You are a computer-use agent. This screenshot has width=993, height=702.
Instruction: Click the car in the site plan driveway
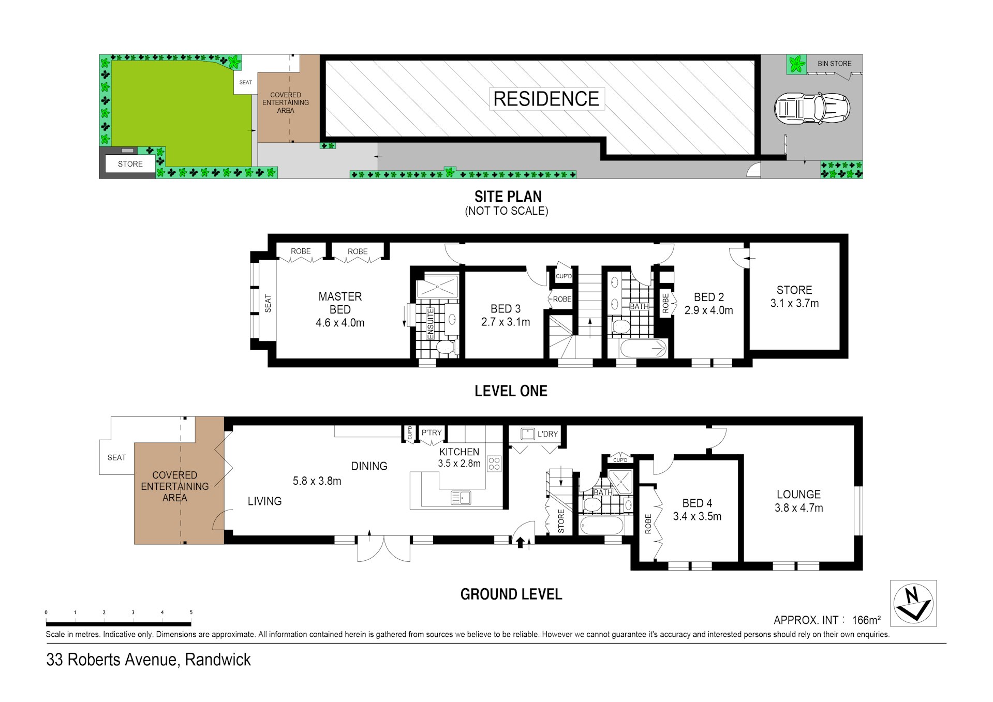[812, 108]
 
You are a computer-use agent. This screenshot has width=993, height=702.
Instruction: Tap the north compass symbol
[913, 603]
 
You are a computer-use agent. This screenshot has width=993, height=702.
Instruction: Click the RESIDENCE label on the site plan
[546, 99]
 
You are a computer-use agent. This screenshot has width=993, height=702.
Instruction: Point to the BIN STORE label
[834, 64]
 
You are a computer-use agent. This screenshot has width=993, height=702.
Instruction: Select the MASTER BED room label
[340, 303]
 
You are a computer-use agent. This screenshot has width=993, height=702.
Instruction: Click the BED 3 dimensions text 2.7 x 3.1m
[506, 322]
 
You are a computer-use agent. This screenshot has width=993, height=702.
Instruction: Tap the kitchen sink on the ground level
[461, 498]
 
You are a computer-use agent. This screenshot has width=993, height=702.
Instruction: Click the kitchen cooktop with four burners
[494, 464]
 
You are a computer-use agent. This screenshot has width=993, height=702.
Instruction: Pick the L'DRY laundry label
[547, 434]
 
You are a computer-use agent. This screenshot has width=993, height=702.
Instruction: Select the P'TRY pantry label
[432, 432]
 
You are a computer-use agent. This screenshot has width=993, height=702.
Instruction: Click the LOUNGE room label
[798, 495]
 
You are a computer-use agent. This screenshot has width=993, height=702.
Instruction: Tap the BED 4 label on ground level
[697, 503]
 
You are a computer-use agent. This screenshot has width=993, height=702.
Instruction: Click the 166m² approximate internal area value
[866, 620]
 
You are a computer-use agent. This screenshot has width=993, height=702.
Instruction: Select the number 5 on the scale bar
[191, 613]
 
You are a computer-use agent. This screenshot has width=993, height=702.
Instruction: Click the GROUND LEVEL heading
[511, 594]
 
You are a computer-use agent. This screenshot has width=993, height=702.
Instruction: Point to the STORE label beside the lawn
[130, 164]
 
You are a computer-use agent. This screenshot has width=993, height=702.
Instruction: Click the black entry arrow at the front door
[521, 542]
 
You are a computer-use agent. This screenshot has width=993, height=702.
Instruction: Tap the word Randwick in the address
[218, 660]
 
